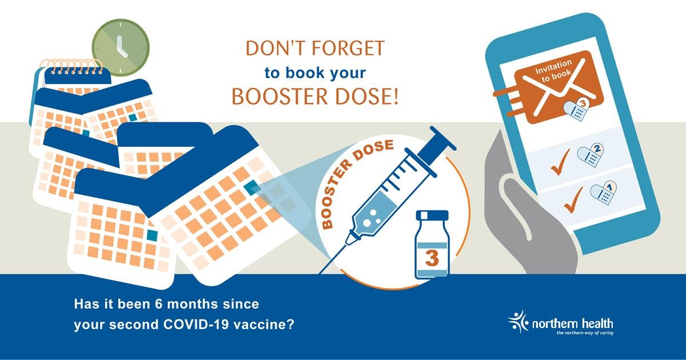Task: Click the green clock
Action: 121,48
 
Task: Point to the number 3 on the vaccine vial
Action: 432,258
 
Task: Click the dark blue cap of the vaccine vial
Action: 432,215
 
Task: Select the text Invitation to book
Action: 555,71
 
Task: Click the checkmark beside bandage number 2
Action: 561,162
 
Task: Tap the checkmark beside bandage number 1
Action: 573,199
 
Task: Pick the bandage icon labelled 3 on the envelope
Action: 576,110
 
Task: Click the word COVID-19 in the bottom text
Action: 196,324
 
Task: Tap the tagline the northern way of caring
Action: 585,333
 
